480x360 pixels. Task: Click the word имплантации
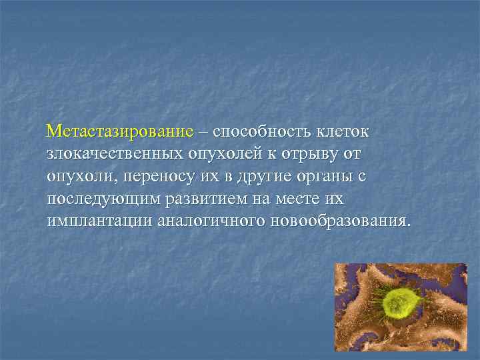click(99, 221)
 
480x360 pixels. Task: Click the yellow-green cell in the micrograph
click(400, 303)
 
